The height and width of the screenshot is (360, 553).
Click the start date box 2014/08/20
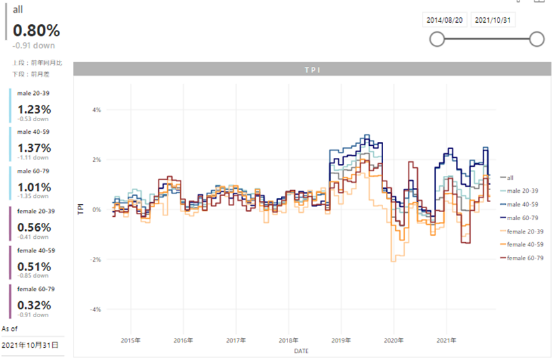click(x=445, y=20)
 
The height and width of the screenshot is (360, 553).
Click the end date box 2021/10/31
click(x=493, y=20)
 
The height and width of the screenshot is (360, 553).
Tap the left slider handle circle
click(x=437, y=39)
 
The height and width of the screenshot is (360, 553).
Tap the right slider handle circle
click(x=536, y=39)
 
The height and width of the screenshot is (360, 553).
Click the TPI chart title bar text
click(x=313, y=70)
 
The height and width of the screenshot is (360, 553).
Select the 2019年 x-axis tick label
click(x=341, y=340)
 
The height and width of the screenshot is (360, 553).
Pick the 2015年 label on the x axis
click(x=130, y=340)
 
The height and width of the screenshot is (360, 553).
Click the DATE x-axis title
click(x=301, y=351)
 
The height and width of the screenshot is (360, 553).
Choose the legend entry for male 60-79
click(x=525, y=217)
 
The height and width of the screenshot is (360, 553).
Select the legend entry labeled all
click(x=510, y=177)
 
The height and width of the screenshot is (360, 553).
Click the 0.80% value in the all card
click(x=36, y=31)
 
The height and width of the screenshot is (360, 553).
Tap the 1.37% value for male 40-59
click(x=34, y=147)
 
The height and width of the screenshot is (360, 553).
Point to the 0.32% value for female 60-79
click(x=34, y=305)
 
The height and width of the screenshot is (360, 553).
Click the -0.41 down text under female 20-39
click(x=33, y=237)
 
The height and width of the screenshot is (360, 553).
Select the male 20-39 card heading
click(x=33, y=93)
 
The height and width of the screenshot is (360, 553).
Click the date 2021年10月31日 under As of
click(x=30, y=345)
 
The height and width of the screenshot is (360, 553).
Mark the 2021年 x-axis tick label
click(x=447, y=340)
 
